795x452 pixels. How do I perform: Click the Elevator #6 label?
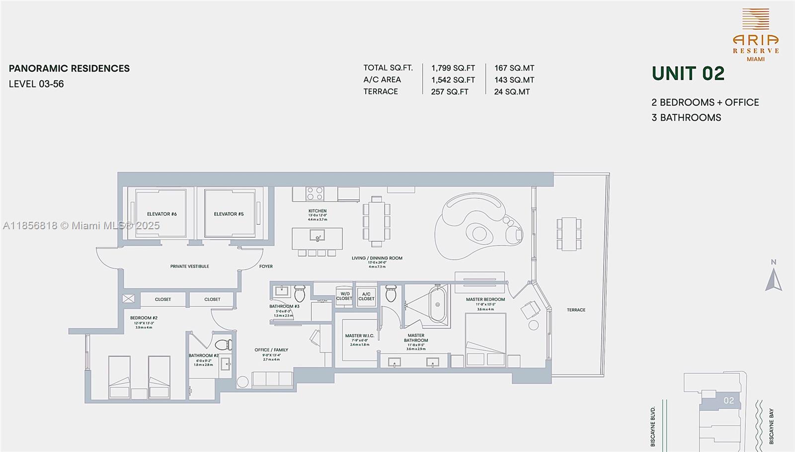pos(161,214)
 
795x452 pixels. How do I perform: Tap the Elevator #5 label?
pos(229,214)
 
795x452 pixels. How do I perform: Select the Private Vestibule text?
pos(189,267)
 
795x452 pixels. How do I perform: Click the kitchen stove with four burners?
pos(315,193)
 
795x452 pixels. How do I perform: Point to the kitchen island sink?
pos(317,235)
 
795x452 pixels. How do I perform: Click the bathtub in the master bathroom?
pos(438,304)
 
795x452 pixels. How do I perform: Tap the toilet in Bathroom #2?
pos(223,344)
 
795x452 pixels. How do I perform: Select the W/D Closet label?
pos(344,296)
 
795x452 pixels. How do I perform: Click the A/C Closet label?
pos(366,296)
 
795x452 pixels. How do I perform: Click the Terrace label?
pos(576,310)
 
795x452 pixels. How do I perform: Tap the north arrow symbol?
pos(773,280)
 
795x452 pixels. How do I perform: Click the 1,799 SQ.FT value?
pos(453,68)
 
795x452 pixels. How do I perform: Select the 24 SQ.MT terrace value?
pos(512,92)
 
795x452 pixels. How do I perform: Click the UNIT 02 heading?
pos(688,74)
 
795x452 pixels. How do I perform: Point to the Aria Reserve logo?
pos(755,35)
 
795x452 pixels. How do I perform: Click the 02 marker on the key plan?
pos(728,400)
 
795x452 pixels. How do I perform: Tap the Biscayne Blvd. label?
pos(653,426)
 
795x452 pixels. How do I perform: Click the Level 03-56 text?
pos(36,84)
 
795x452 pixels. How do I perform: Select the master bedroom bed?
pos(485,340)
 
